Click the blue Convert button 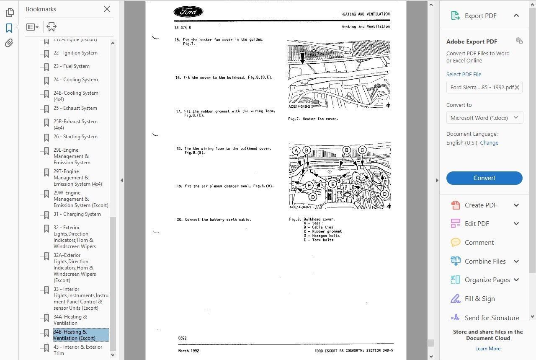[x=484, y=178]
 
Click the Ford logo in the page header [x=188, y=12]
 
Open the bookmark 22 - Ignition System [x=75, y=53]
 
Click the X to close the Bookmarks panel [x=107, y=9]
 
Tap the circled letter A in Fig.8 [x=296, y=150]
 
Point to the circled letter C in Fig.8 [x=362, y=150]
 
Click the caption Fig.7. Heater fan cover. [x=313, y=119]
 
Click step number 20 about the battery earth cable [x=179, y=220]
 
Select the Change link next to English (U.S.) [x=489, y=142]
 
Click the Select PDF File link [x=464, y=74]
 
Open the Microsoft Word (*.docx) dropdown [x=484, y=118]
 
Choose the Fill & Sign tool [x=479, y=298]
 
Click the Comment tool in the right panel [x=479, y=242]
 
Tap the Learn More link [x=488, y=348]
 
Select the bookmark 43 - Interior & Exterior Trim [x=77, y=350]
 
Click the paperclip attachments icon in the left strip [x=9, y=43]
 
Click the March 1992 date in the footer [x=189, y=351]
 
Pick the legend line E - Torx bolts [x=319, y=240]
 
